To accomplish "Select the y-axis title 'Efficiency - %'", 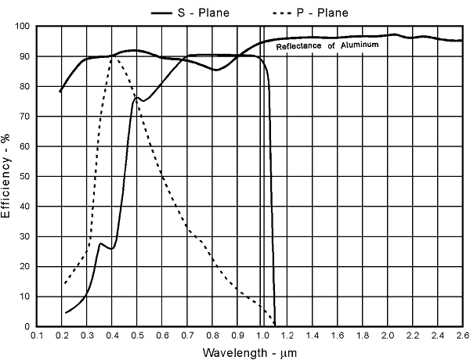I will click(7, 176).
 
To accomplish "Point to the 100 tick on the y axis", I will click(24, 27).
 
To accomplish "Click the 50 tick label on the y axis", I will click(24, 177).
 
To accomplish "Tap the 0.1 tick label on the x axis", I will click(37, 335).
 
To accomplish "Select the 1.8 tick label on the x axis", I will click(362, 335).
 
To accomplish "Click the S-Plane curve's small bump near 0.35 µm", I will click(100, 243).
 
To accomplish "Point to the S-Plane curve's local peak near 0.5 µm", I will click(137, 98).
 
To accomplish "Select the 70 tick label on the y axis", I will click(24, 117).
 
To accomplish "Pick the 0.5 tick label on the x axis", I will click(137, 335).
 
